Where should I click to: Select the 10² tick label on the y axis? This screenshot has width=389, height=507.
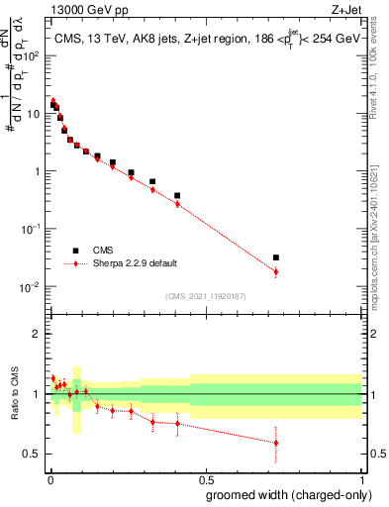(32, 55)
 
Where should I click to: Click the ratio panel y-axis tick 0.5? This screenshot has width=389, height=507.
(32, 454)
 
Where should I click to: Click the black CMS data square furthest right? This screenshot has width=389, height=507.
(276, 257)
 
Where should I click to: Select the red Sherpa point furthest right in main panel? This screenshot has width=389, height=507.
(276, 271)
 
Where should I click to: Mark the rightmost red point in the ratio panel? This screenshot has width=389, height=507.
(276, 443)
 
